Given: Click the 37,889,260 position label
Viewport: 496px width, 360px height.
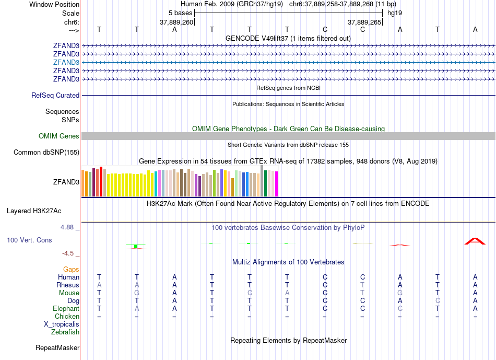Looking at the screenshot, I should pyautogui.click(x=176, y=22).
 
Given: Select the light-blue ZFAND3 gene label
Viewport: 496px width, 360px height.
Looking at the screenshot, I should pyautogui.click(x=66, y=62).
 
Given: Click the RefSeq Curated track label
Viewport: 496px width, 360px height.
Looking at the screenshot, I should pyautogui.click(x=55, y=96).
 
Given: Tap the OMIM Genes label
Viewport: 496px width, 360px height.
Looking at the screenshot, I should pyautogui.click(x=59, y=136).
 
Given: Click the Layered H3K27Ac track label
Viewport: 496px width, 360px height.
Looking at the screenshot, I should pyautogui.click(x=34, y=211).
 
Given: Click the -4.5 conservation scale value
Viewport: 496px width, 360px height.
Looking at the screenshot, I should pyautogui.click(x=68, y=253).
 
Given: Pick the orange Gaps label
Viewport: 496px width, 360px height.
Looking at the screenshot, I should pyautogui.click(x=71, y=269).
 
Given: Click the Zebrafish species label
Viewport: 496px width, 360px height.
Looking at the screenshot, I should pyautogui.click(x=65, y=332).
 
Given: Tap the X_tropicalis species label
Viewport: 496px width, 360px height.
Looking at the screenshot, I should pyautogui.click(x=62, y=324).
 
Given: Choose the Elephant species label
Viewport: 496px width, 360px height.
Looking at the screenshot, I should pyautogui.click(x=65, y=308).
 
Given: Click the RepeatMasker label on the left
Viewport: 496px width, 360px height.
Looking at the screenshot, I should pyautogui.click(x=57, y=347).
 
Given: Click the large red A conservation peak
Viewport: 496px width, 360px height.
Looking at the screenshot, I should pyautogui.click(x=475, y=241).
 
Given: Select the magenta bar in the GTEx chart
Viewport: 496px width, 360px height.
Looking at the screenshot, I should pyautogui.click(x=277, y=184).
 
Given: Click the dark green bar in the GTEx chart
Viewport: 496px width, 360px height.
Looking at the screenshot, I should pyautogui.click(x=265, y=183).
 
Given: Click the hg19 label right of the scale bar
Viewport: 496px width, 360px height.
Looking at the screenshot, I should pyautogui.click(x=394, y=12).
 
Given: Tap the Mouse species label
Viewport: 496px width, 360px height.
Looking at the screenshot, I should pyautogui.click(x=69, y=293).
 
